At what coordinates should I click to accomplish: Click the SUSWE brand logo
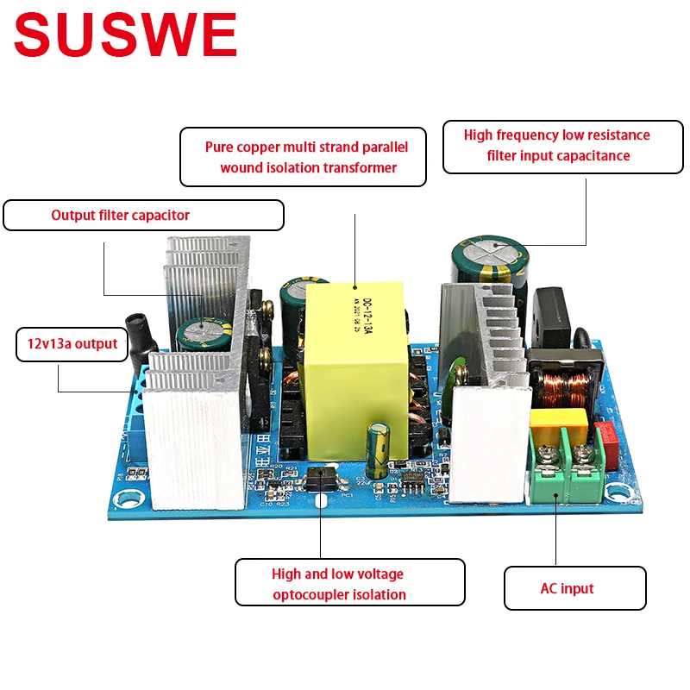[126, 36]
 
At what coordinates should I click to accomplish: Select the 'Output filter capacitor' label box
[143, 215]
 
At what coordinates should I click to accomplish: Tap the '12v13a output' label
[72, 343]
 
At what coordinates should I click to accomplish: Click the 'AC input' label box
[574, 588]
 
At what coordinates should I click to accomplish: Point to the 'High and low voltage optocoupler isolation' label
[349, 583]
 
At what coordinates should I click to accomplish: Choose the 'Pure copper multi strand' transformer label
[304, 157]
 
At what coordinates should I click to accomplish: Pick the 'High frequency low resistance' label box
[557, 145]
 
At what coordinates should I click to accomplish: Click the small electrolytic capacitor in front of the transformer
[378, 448]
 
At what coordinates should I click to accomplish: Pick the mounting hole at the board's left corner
[129, 498]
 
